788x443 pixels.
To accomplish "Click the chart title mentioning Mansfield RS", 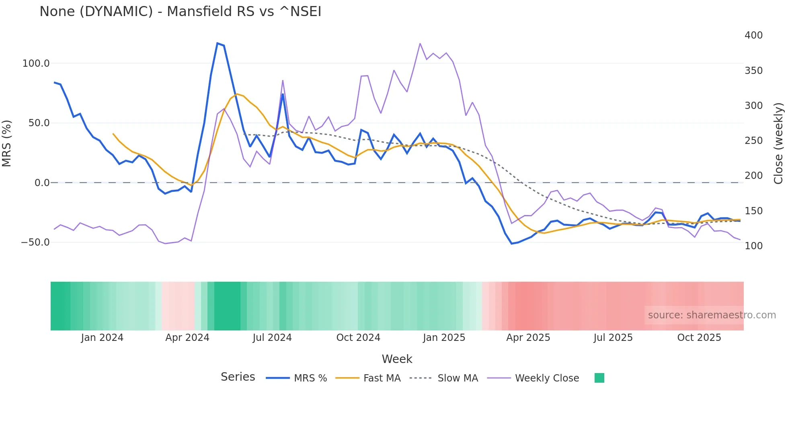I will [180, 12].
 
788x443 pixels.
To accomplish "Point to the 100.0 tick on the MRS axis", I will [36, 64].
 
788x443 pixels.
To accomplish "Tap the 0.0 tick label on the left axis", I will [42, 183].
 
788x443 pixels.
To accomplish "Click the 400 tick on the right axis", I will [753, 35].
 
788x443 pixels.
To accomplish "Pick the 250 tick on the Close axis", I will [753, 141].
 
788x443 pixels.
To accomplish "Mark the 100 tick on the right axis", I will [753, 246].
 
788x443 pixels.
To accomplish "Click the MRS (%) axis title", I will [7, 143].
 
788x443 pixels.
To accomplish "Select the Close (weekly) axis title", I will [778, 143].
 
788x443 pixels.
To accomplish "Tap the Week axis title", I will [397, 359].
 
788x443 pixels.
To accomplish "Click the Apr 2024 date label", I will [187, 338].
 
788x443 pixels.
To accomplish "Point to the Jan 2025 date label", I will [444, 338].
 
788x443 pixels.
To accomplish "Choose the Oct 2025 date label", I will [699, 338].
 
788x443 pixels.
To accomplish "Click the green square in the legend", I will [599, 378].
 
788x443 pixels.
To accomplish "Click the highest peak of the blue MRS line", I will [218, 43].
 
